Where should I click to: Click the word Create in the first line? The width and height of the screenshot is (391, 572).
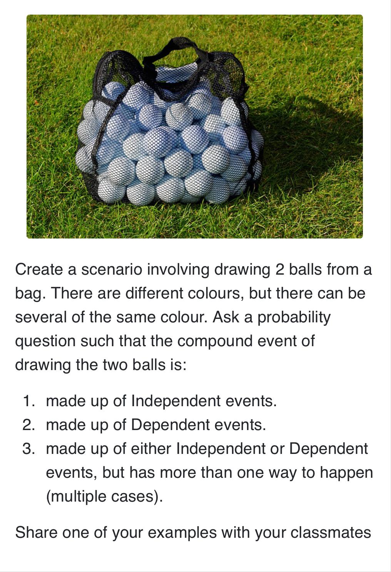click(39, 269)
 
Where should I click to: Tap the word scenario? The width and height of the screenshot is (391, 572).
click(112, 269)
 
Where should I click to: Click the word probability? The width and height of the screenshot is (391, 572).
click(294, 317)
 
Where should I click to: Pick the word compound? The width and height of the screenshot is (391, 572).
click(215, 342)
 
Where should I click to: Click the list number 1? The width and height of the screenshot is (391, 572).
click(29, 401)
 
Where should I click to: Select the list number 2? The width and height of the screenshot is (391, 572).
click(28, 425)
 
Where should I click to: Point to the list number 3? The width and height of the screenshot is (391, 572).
click(28, 449)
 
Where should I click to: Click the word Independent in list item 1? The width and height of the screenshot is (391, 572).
click(176, 401)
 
